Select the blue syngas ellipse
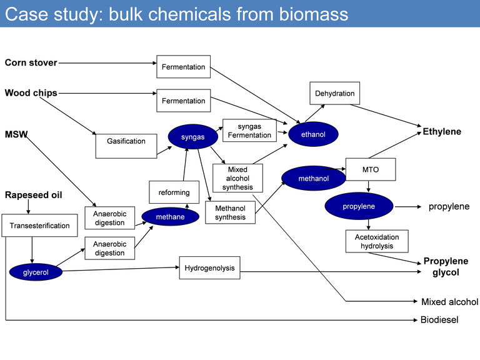click(x=192, y=137)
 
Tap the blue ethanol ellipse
click(x=313, y=134)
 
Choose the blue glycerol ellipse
click(x=36, y=272)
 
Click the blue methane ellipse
click(x=170, y=216)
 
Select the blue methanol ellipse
click(x=313, y=178)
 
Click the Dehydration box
click(x=334, y=93)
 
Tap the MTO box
click(x=370, y=169)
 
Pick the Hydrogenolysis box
click(x=209, y=268)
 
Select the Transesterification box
click(x=39, y=225)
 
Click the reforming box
click(x=174, y=192)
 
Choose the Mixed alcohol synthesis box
click(x=237, y=178)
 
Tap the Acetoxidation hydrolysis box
click(x=376, y=241)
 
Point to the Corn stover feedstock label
click(x=31, y=62)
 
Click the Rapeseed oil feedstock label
click(x=33, y=195)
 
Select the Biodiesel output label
click(x=439, y=320)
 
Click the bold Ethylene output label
click(x=442, y=132)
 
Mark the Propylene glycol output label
click(x=446, y=267)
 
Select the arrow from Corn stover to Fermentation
click(x=106, y=62)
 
